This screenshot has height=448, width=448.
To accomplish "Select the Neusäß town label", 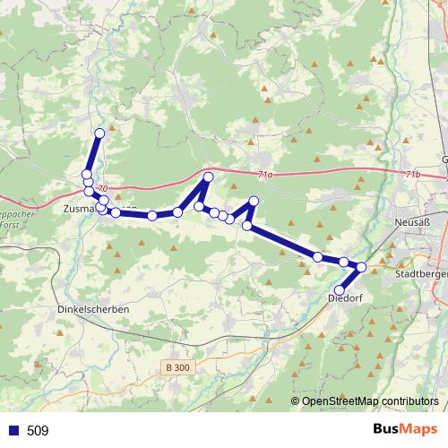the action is (x=412, y=222).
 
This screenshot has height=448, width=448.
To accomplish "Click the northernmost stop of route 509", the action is (x=99, y=134).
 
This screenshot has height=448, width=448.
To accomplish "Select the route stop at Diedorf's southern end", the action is (x=338, y=288).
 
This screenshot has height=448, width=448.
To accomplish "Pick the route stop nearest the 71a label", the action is (x=208, y=177).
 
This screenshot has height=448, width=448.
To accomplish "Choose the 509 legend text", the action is (x=38, y=431).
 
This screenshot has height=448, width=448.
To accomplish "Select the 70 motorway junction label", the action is (x=103, y=188).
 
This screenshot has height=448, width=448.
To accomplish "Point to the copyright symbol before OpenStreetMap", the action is (x=296, y=401).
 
